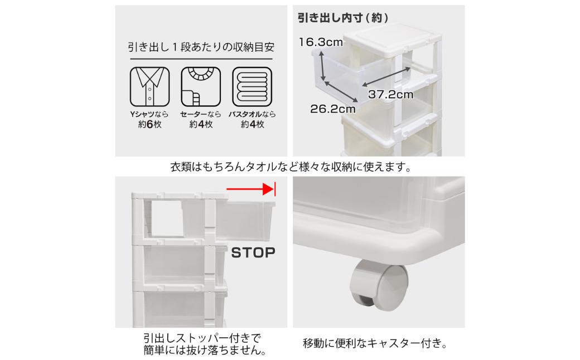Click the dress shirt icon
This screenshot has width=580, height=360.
[x=150, y=86]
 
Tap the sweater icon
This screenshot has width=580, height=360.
[x=201, y=86]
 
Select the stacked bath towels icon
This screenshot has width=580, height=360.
[x=252, y=86]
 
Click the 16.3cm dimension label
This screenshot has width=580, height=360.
[x=321, y=42]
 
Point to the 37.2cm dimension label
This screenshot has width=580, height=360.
[x=390, y=94]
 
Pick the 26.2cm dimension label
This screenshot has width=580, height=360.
[x=333, y=109]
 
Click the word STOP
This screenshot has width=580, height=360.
[x=253, y=253]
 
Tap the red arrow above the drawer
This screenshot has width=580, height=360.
[x=250, y=189]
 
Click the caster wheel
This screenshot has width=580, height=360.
[x=379, y=285]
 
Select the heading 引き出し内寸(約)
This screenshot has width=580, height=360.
[x=343, y=18]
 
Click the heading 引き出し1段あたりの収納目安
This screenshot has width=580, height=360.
[x=201, y=47]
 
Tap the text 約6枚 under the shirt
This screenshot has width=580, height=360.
[x=150, y=124]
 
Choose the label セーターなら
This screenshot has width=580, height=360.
[x=201, y=114]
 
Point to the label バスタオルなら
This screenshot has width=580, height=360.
[x=252, y=114]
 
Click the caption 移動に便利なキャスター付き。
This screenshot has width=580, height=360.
[x=375, y=343]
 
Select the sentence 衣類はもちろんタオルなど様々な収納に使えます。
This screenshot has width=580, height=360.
[x=291, y=167]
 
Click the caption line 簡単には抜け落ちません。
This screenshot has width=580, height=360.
[x=205, y=350]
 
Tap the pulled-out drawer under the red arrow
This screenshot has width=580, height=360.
[x=245, y=220]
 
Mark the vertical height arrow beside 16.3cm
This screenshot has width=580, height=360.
[x=322, y=66]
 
